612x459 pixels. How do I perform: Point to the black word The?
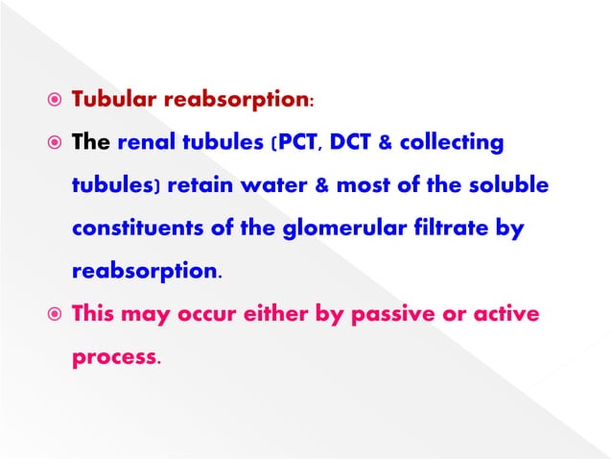pos(92,143)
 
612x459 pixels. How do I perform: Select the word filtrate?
pos(427,229)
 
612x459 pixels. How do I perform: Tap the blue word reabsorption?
pos(145,272)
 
